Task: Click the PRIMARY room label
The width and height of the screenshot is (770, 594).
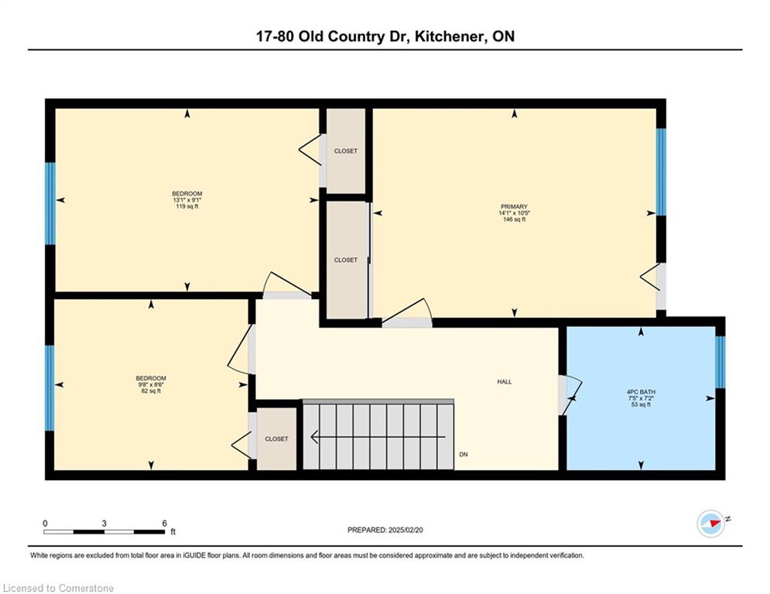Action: pos(514,207)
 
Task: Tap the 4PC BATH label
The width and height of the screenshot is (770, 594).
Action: pos(641,391)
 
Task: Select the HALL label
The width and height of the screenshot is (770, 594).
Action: pos(505,381)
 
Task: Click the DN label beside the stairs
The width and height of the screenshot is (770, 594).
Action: pos(463,455)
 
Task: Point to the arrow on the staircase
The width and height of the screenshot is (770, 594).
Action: pos(378,436)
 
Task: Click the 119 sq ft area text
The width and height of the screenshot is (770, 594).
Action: pos(187,207)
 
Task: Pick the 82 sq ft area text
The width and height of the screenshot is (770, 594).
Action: pos(151,391)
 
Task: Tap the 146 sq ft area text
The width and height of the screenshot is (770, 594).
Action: pos(514,220)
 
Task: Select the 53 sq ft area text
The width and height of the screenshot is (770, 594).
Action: pos(641,405)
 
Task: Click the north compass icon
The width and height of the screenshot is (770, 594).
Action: pos(711,524)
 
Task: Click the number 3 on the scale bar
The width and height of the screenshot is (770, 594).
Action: pos(104,524)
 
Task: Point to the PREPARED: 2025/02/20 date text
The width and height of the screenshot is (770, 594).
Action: pos(385,530)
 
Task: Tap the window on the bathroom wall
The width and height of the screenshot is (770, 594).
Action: pos(720,362)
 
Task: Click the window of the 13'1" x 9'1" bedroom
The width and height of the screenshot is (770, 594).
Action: pos(50,203)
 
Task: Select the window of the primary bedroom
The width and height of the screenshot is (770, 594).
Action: pos(661,172)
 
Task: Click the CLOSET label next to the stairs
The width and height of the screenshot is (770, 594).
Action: pos(276,439)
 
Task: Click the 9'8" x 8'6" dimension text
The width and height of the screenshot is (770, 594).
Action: pos(151,385)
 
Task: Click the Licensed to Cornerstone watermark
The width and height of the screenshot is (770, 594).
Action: pos(58,588)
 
